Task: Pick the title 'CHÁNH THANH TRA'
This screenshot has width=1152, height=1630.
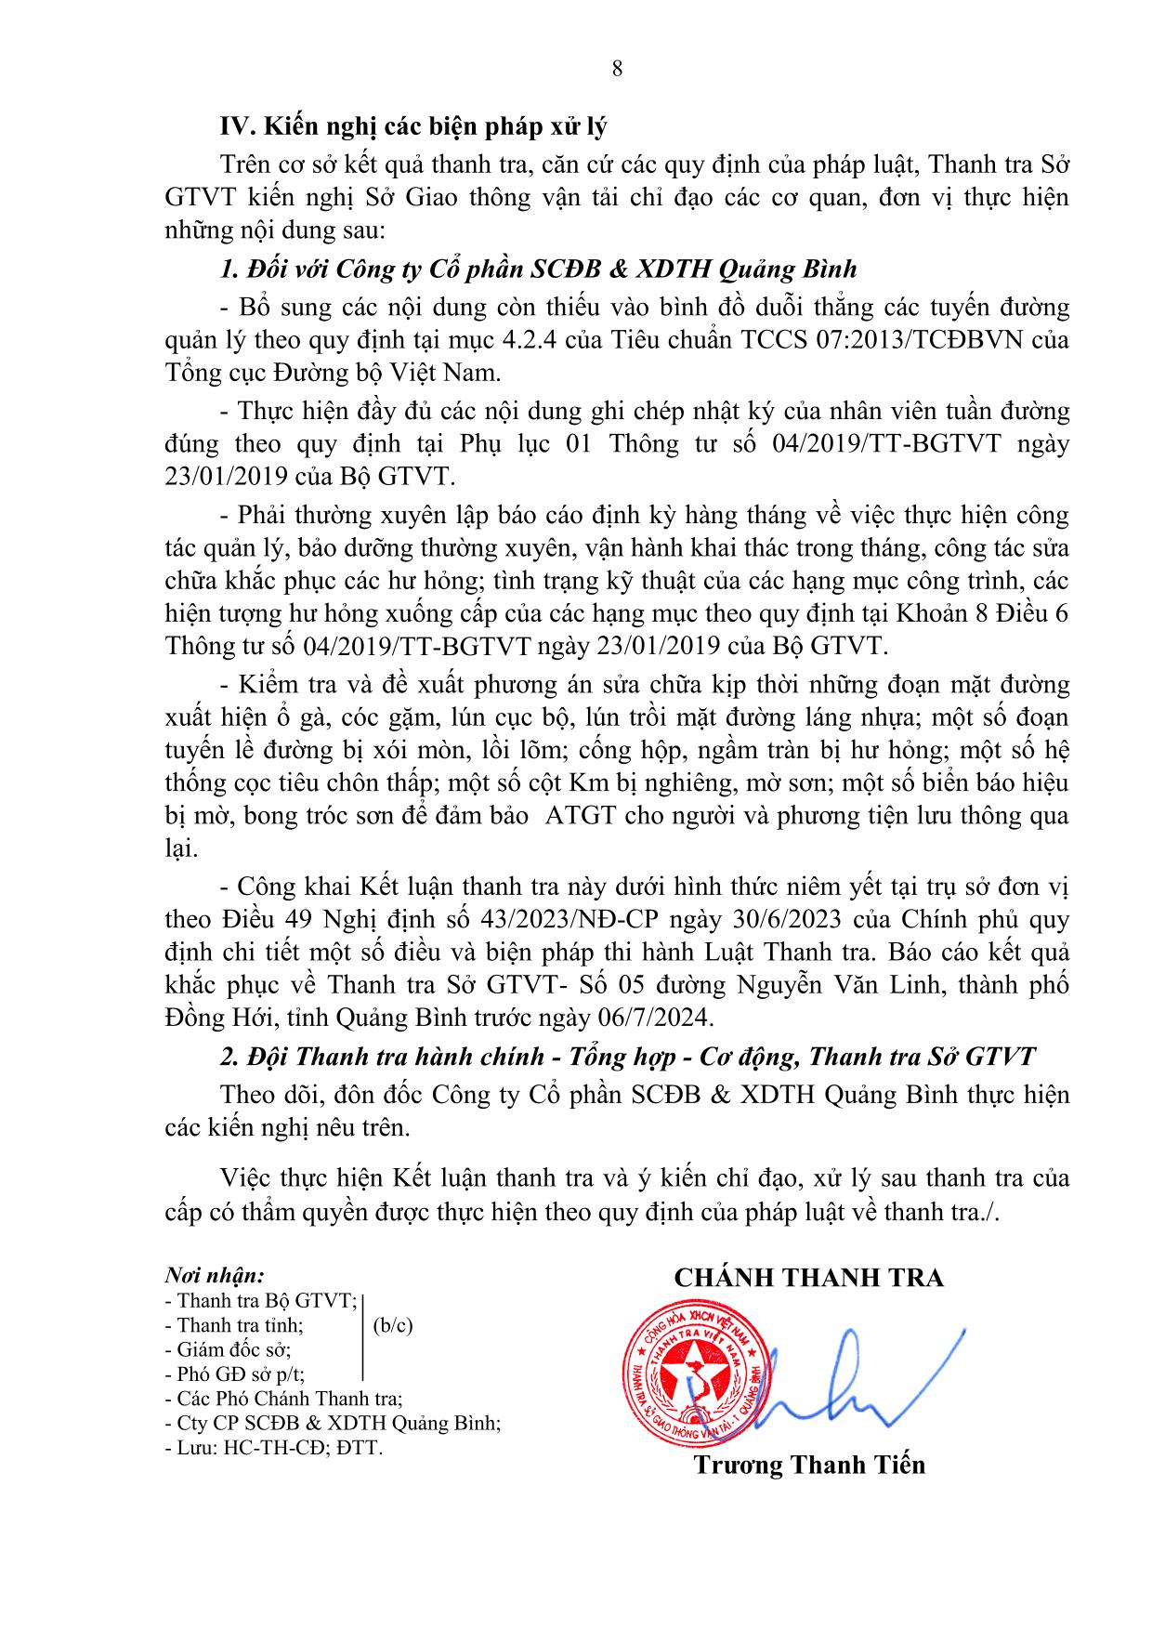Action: click(808, 1278)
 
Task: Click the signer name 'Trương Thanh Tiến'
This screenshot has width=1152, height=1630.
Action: click(808, 1466)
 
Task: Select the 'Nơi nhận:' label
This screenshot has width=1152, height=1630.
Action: click(215, 1274)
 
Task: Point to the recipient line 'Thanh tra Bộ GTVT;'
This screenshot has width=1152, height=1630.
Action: click(259, 1301)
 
